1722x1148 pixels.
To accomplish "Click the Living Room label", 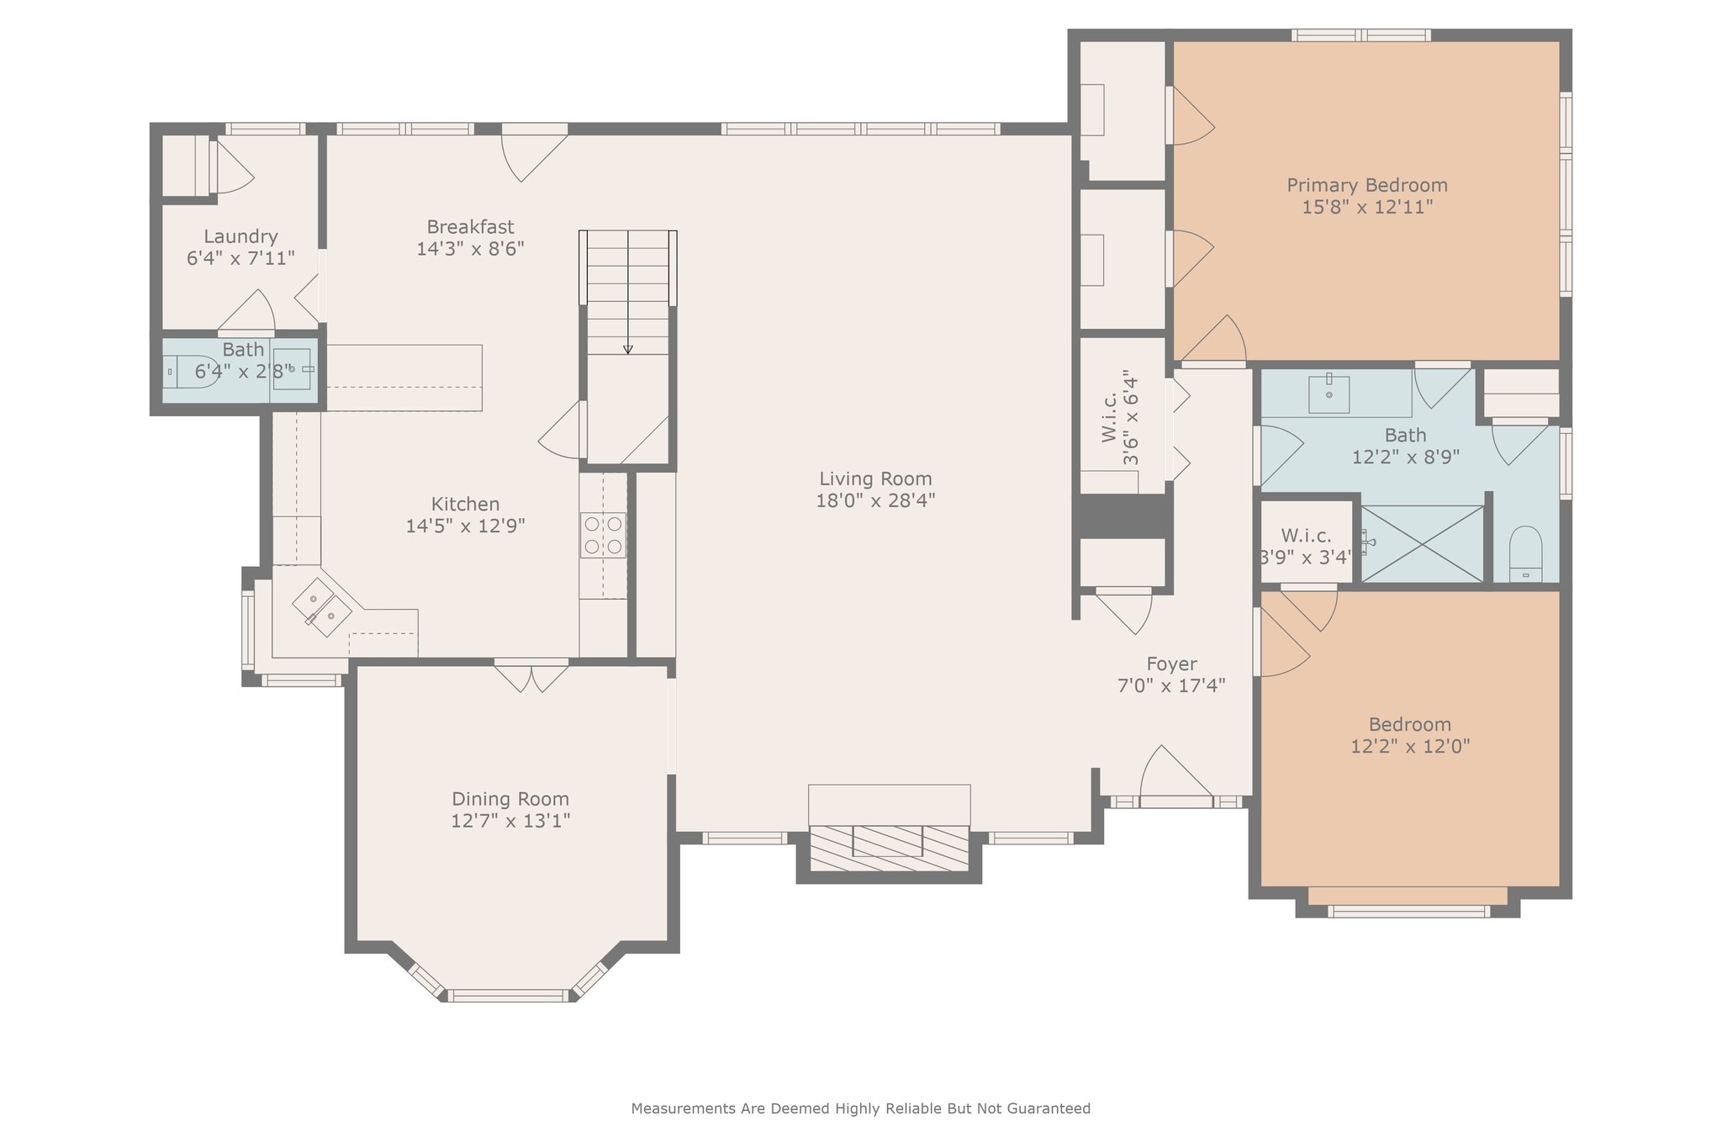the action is tap(875, 479).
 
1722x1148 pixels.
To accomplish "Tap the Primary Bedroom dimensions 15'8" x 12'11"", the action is tap(1367, 207).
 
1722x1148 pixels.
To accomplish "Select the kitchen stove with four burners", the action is tap(603, 535).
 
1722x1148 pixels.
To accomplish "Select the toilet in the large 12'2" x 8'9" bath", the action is tap(1525, 554).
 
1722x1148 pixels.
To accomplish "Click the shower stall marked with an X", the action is tap(1422, 543).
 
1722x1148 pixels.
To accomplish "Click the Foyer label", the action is tap(1171, 664).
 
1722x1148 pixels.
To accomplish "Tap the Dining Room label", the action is tap(510, 799).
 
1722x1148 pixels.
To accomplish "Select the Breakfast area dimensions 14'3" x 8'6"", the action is tap(471, 249).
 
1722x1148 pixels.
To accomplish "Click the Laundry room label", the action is tap(240, 236).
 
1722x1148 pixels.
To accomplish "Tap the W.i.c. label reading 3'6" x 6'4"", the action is tap(1120, 418).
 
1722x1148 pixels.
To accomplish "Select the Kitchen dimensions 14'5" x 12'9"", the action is tap(466, 526).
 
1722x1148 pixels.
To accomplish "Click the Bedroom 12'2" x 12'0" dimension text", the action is tap(1410, 746).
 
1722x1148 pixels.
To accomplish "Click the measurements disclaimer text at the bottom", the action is tap(861, 1108).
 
